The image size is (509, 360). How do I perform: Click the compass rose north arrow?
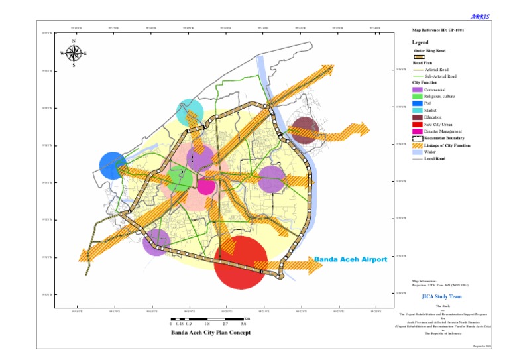coord(74,45)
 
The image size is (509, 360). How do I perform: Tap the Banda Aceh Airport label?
coord(350,259)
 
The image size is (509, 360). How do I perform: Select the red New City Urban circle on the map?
coord(242,262)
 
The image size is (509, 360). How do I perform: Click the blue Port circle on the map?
coord(113,166)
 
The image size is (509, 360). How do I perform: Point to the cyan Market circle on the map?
coord(190,113)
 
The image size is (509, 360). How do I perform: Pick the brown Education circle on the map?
coord(306,130)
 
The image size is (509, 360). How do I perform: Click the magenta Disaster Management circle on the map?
coord(207,186)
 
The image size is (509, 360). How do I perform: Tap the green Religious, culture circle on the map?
coord(180,180)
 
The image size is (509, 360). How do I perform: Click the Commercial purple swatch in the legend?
coord(418,90)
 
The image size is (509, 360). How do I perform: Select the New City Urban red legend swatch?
coord(418,124)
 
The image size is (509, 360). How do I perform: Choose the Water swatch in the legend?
coord(418,152)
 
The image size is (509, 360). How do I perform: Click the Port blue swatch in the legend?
coord(418,103)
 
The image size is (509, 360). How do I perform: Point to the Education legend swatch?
coord(418,117)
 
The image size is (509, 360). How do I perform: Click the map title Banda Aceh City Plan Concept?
coord(211,332)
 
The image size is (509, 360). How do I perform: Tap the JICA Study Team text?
coord(441,296)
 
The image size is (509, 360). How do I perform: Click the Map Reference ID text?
coord(437,30)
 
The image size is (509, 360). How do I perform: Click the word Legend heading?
coord(420,42)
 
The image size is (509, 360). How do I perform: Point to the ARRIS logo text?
coord(481,16)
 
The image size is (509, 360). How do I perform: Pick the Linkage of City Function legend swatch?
coord(418,145)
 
